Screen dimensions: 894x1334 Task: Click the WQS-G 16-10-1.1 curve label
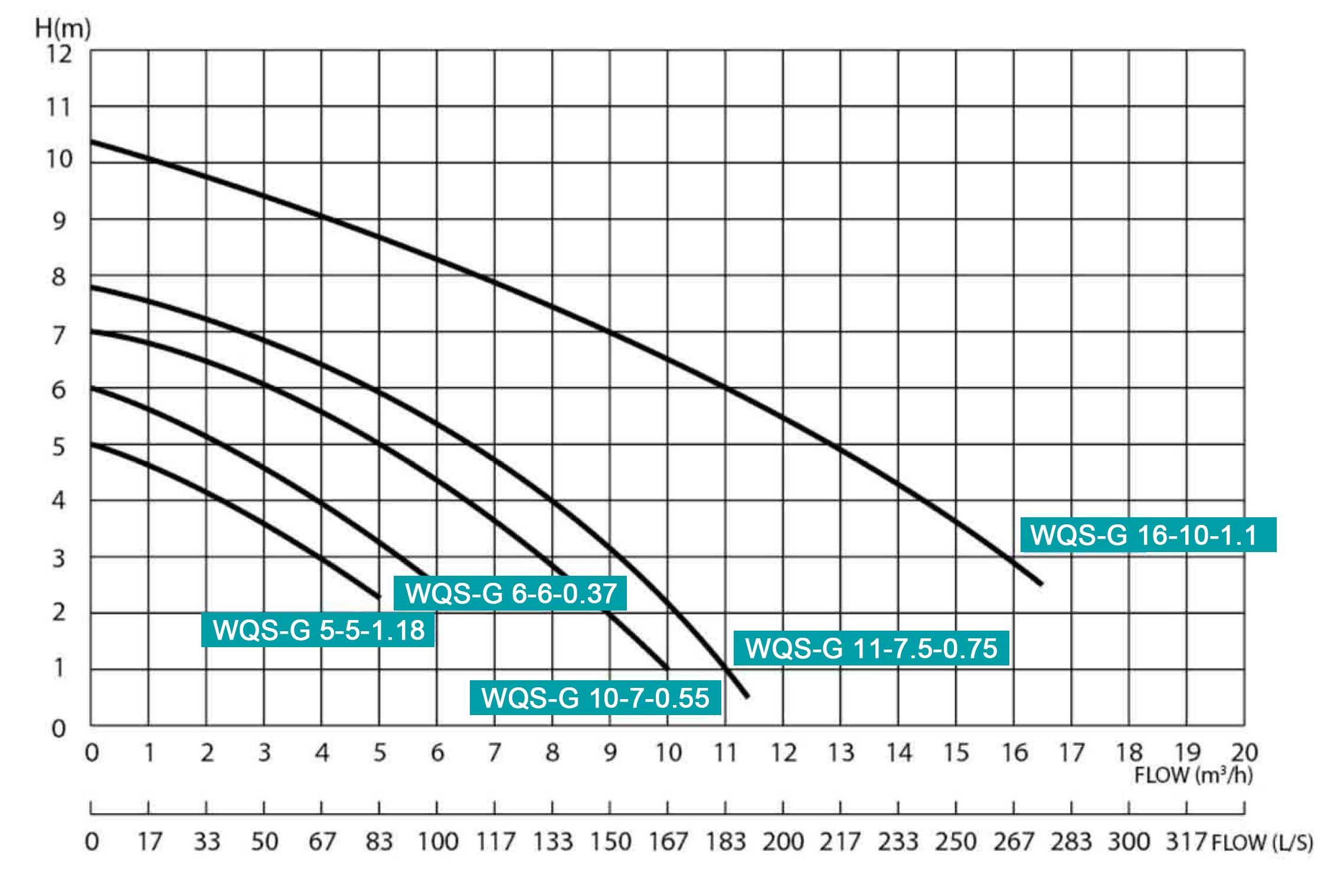tap(1148, 535)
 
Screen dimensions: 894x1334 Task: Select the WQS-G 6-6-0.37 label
tap(511, 593)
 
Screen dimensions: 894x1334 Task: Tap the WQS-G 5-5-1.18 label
tap(318, 630)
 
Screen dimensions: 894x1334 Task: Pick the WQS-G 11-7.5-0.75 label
tap(871, 648)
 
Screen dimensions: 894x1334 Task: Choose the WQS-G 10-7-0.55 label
tap(595, 698)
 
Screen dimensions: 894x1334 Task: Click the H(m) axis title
tap(63, 28)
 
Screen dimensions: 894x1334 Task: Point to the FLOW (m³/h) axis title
tap(1193, 775)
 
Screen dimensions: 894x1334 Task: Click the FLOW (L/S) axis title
tap(1262, 842)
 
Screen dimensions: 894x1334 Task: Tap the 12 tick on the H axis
tap(59, 54)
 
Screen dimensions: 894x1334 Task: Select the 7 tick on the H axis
tap(58, 335)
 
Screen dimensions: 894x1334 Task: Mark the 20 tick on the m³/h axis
tap(1244, 752)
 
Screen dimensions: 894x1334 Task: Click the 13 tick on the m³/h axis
tap(841, 752)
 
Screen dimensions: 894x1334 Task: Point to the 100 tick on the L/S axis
tap(437, 841)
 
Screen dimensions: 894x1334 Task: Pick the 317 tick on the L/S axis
tap(1185, 841)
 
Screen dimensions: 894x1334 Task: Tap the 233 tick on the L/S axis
tap(898, 841)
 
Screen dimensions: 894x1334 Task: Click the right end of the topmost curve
tap(1041, 583)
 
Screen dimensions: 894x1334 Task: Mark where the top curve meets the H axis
tap(91, 142)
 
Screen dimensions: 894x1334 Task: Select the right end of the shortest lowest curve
tap(379, 596)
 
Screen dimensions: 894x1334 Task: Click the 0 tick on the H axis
tap(58, 729)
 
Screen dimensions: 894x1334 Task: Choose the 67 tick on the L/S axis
tap(322, 841)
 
